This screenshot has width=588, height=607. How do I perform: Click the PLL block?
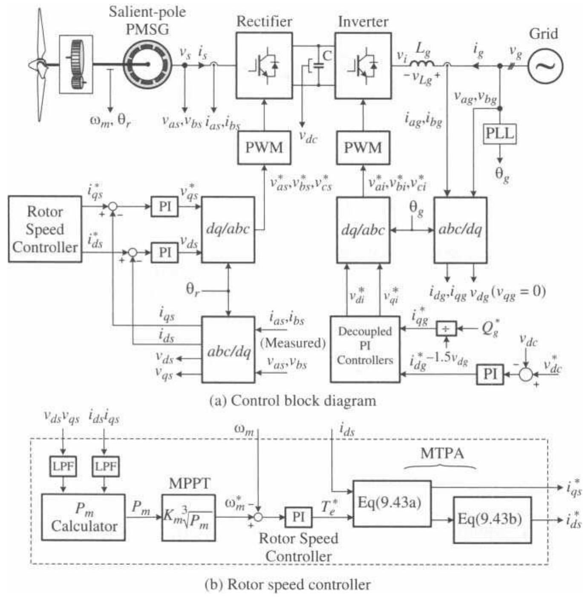[x=500, y=134]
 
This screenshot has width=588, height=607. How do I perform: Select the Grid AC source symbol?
[x=545, y=66]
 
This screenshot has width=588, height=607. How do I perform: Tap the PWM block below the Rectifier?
[x=264, y=147]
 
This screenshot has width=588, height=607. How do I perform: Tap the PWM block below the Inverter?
[x=363, y=147]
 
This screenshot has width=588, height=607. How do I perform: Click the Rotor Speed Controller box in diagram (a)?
[x=45, y=229]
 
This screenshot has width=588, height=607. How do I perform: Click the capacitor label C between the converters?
[x=327, y=55]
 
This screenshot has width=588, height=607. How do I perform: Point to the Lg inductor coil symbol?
[x=422, y=64]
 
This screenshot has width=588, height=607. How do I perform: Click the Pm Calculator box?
[x=84, y=517]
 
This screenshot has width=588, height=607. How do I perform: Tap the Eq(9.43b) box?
[x=492, y=520]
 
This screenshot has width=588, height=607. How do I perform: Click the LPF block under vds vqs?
[x=63, y=466]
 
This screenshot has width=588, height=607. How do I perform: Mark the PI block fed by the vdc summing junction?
[x=490, y=374]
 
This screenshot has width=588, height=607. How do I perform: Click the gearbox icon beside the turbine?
[x=76, y=64]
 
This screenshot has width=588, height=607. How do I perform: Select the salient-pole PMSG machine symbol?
[x=147, y=64]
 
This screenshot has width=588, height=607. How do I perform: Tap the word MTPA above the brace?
[x=442, y=453]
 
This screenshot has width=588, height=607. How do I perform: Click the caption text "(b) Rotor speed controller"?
[x=288, y=584]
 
